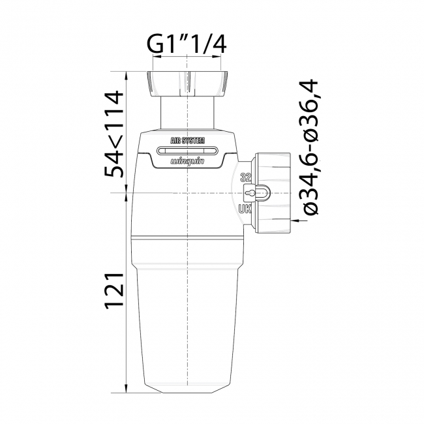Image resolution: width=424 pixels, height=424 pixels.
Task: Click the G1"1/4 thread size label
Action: (187, 45)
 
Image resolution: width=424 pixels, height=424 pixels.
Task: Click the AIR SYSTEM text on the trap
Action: (187, 140)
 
